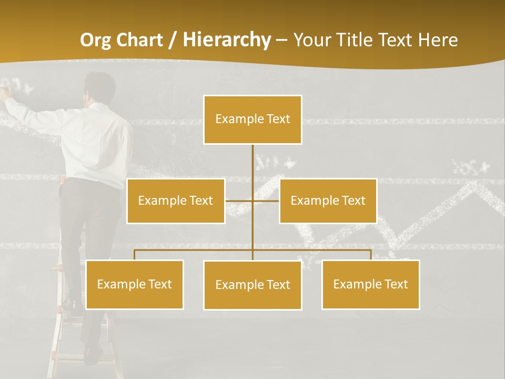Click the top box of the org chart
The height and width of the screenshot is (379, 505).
pos(252,119)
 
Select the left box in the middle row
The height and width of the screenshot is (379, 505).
pos(176,201)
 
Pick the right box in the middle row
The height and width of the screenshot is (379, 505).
pos(328,201)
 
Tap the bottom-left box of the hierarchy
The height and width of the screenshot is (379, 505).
pos(135,284)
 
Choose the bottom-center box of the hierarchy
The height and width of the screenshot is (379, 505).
pos(252,285)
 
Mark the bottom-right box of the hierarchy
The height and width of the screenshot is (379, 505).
pos(370,284)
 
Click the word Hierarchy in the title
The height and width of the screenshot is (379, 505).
pos(227,40)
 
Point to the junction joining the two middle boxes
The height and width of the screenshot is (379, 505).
pos(252,201)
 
